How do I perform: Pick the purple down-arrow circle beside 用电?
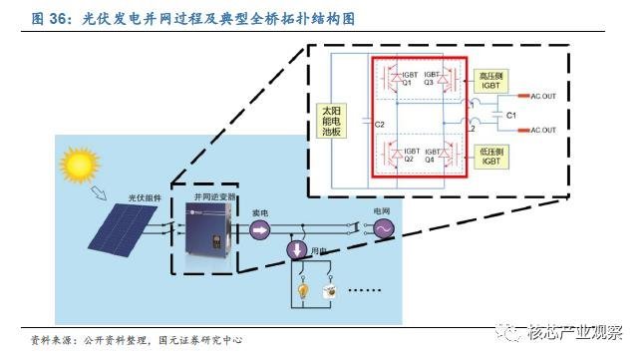coord(296,249)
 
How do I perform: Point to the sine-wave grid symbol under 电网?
coord(383,229)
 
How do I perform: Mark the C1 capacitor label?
coord(510,116)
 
